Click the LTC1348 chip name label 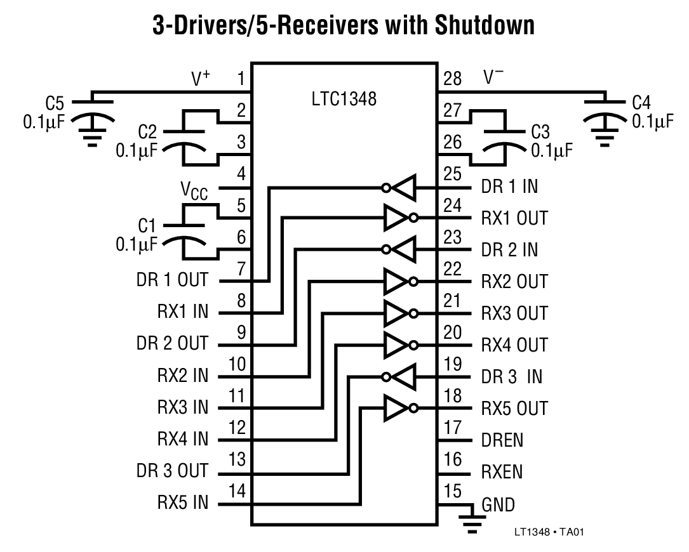[x=344, y=100]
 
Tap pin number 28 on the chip [x=453, y=79]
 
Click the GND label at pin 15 [x=498, y=505]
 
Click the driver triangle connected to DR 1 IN [x=402, y=187]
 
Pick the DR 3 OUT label [x=172, y=471]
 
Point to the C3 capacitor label [x=540, y=133]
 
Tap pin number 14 [x=237, y=491]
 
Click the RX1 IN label [x=182, y=312]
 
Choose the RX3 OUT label [x=514, y=313]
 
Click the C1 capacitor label [x=147, y=226]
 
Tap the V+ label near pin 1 [x=201, y=79]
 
